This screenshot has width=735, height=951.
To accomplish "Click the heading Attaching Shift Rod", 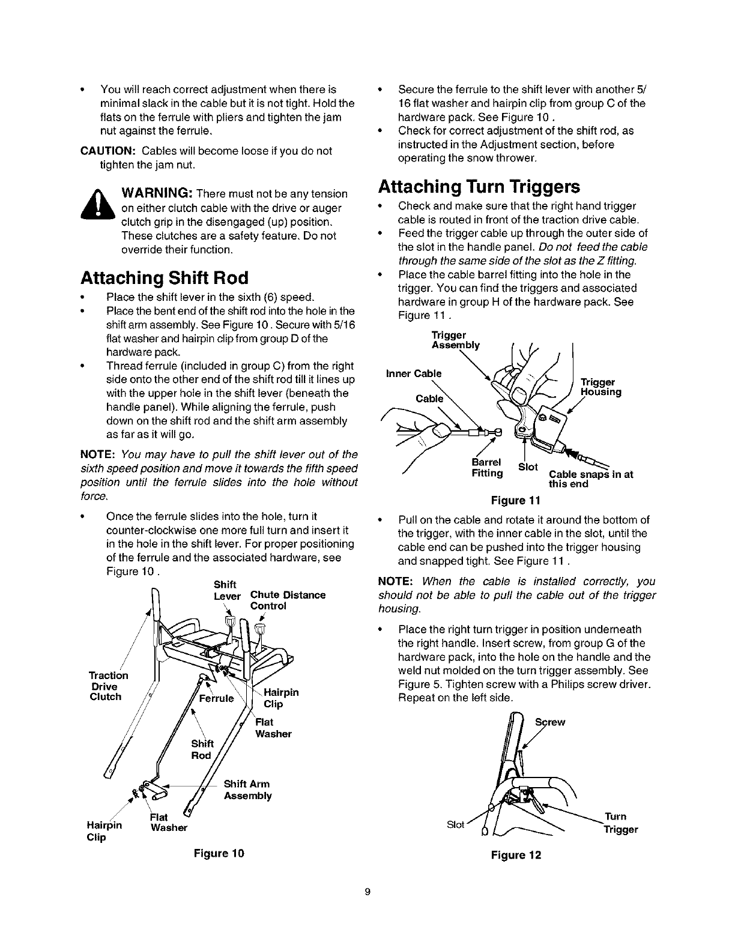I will [164, 278].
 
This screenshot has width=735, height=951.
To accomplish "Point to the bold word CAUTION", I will [107, 151].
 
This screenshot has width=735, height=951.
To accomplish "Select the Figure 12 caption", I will [515, 855].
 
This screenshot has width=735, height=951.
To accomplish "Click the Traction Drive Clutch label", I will [106, 686].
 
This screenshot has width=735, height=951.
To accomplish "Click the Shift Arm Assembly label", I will [247, 790].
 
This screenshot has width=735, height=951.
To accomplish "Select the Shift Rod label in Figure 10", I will [201, 750].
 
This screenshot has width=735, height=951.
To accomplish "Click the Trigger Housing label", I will [600, 388].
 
